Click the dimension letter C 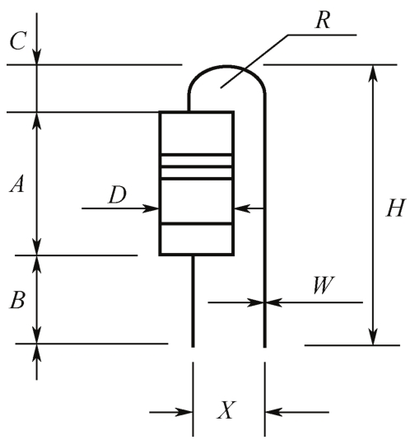18,41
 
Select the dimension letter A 17,184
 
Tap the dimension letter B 17,300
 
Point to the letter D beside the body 118,194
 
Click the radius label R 323,21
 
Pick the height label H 396,208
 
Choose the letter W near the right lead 324,285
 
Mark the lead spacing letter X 226,410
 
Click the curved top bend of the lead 226,67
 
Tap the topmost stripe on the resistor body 196,155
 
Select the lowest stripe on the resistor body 196,223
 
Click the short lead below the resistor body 193,301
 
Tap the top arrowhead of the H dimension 373,73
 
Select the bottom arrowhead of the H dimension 373,336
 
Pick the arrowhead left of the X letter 184,412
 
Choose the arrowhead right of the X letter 273,412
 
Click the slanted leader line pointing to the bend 254,62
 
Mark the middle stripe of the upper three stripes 196,166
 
